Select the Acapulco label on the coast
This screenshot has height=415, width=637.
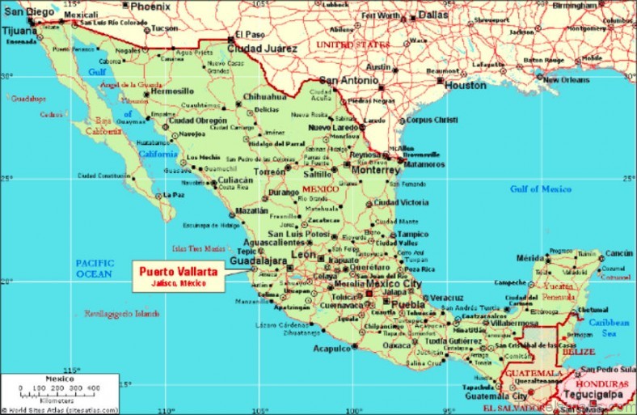click(331, 348)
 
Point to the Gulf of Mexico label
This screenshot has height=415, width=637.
click(540, 188)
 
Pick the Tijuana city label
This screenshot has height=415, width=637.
click(19, 31)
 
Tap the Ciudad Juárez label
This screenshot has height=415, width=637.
click(256, 47)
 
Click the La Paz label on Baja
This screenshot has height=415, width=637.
click(174, 194)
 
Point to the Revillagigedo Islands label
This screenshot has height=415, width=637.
click(122, 313)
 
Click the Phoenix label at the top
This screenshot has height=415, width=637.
click(151, 6)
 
